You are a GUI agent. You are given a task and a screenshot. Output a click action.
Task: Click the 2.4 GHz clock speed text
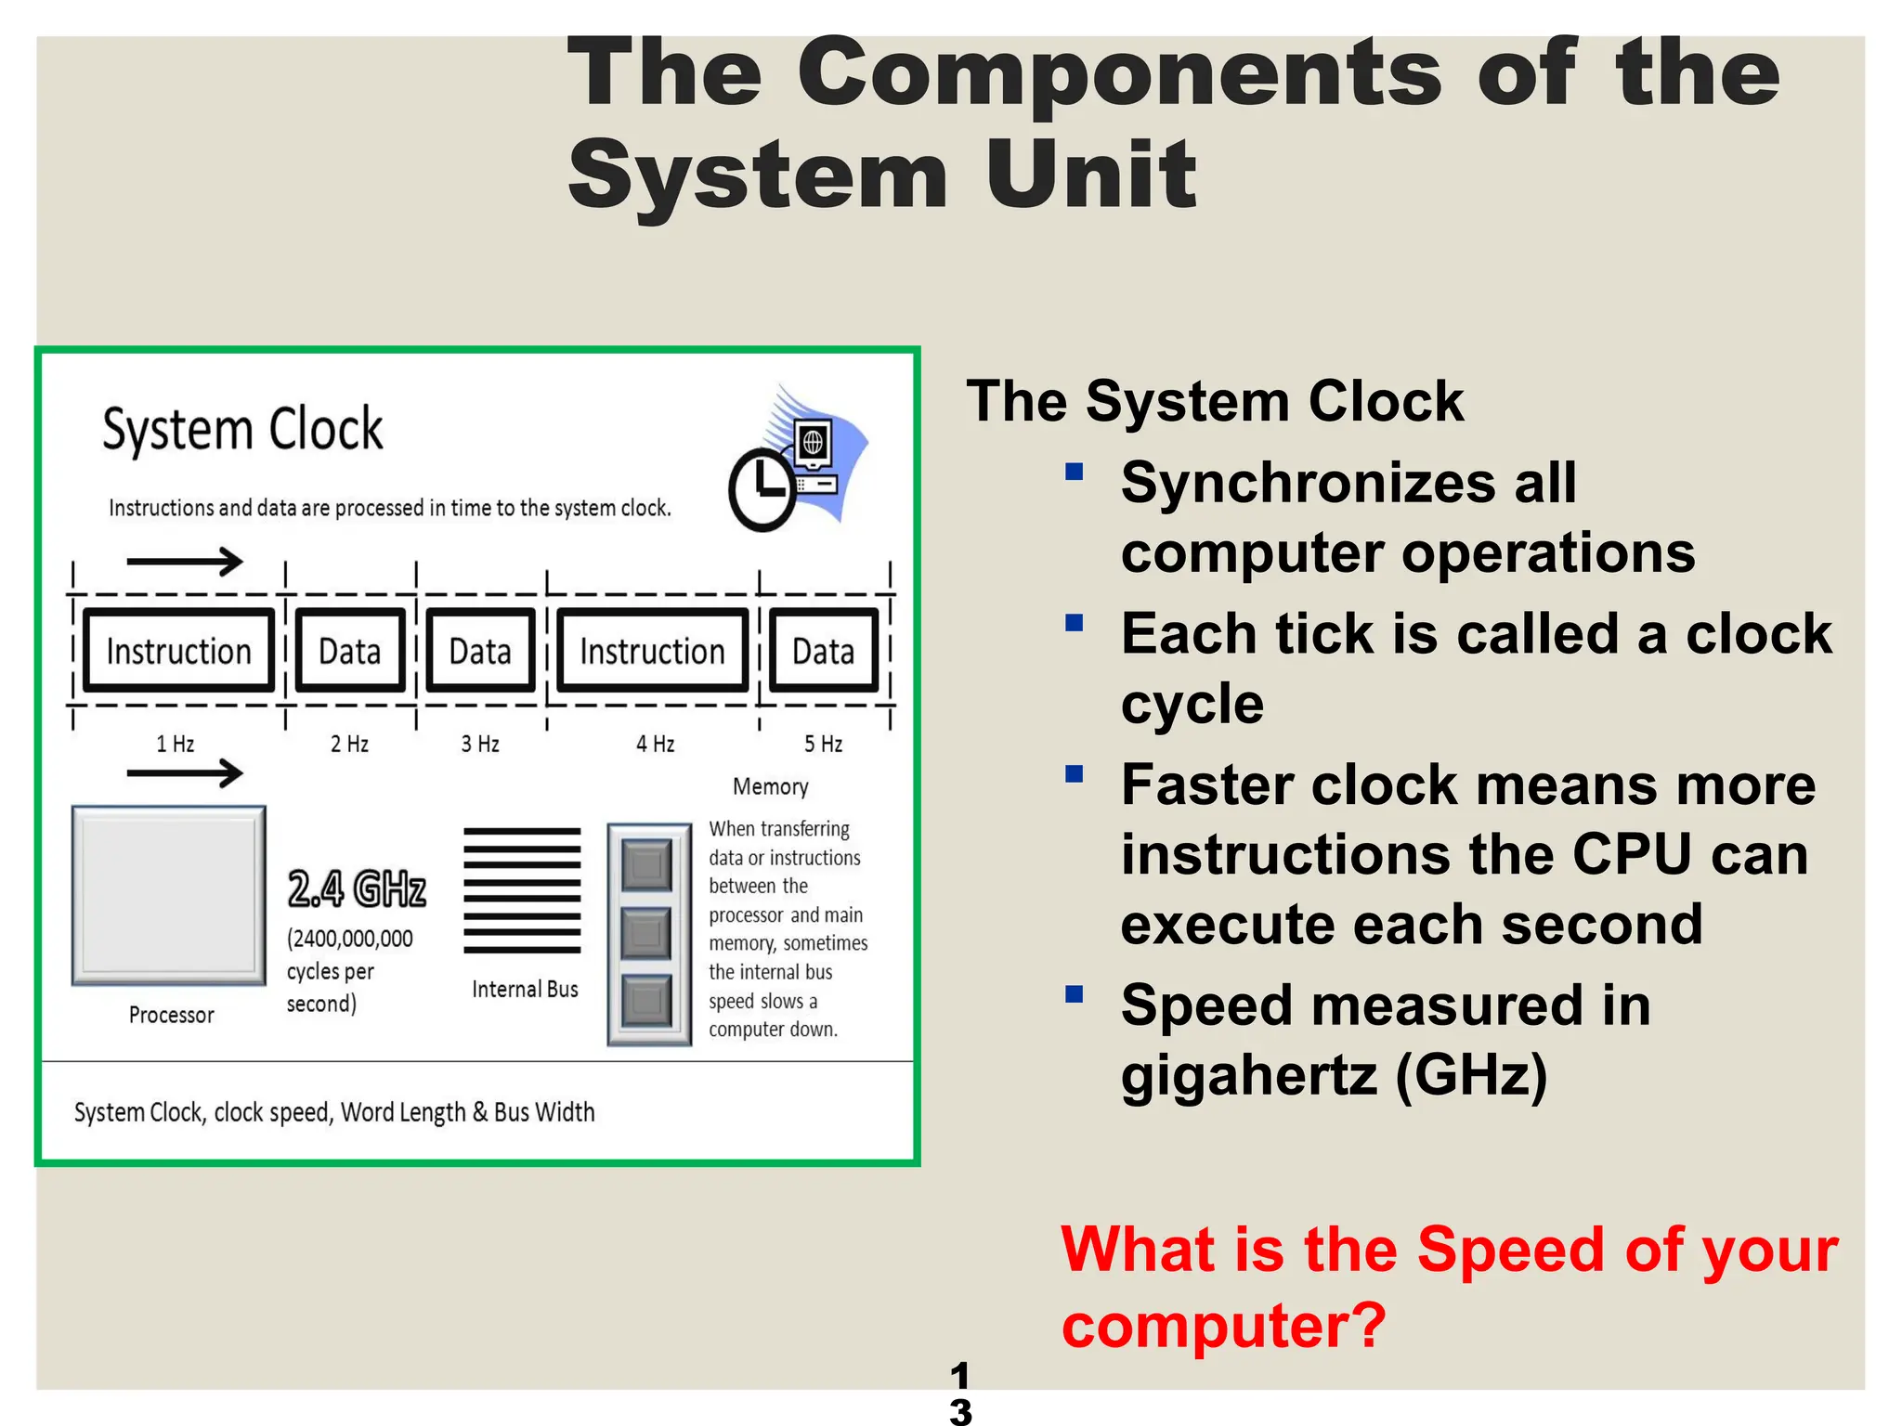coord(357,888)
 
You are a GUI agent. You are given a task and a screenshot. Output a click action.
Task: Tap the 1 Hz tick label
coord(175,744)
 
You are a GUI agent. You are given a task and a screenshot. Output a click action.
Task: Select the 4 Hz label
coord(655,744)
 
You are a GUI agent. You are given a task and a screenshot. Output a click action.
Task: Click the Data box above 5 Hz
coord(824,651)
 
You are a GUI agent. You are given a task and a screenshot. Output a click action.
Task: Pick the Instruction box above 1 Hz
coord(178,651)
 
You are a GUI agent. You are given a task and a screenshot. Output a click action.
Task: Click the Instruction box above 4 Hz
coord(652,651)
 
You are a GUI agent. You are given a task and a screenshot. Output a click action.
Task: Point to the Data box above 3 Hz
coord(480,651)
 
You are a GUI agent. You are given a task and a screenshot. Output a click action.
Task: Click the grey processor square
coord(169,895)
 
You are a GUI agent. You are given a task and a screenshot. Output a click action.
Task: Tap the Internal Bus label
coord(525,990)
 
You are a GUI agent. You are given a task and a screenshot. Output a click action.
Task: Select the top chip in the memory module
coord(646,865)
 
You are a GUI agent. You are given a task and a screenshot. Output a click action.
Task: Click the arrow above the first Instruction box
coord(185,561)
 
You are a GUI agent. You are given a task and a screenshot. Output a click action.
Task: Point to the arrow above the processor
coord(185,772)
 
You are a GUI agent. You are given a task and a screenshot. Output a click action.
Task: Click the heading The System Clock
coord(1215,401)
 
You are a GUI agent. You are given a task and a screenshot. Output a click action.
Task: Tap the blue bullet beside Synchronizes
coord(1075,472)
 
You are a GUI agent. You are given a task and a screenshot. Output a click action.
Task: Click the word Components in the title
coord(1119,74)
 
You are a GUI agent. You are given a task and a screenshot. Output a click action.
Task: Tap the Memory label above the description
coord(770,787)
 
